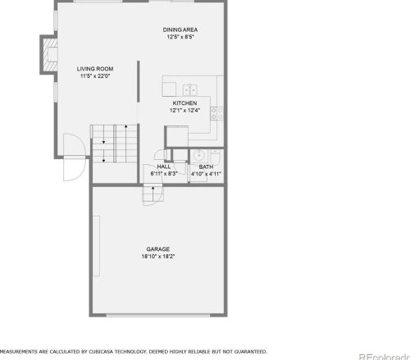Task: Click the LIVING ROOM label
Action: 95,69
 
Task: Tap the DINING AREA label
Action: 180,30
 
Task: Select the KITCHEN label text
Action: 184,103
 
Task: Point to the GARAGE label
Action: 158,249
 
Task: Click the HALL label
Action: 164,166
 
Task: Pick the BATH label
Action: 206,166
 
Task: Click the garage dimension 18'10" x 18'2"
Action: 158,257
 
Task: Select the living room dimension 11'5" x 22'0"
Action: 95,76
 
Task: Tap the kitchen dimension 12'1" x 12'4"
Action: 184,111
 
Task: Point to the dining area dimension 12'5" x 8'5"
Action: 180,37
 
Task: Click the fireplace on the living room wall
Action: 49,54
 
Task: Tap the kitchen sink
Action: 190,90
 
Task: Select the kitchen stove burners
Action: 216,113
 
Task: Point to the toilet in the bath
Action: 215,157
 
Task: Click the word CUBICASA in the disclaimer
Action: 101,352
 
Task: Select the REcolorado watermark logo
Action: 385,357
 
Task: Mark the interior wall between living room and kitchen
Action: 139,81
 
